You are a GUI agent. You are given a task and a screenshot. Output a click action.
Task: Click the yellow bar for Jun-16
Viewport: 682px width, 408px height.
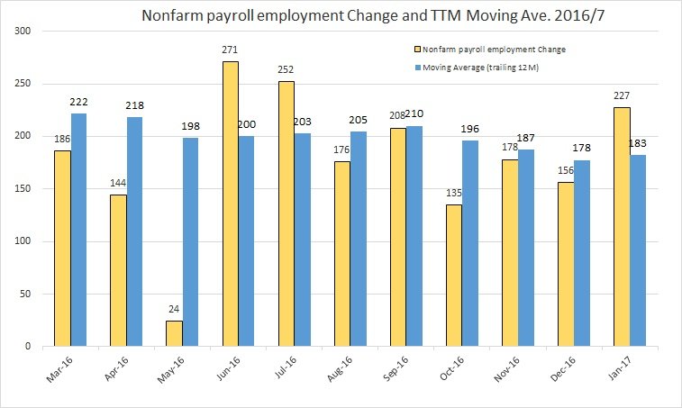tap(230, 204)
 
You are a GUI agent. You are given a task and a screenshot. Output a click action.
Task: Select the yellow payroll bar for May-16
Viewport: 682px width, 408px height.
tap(174, 333)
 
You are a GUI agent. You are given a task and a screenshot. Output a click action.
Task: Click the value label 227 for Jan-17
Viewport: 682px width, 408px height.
tap(622, 99)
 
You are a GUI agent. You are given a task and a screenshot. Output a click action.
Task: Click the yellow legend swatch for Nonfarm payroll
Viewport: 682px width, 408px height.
tap(415, 49)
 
